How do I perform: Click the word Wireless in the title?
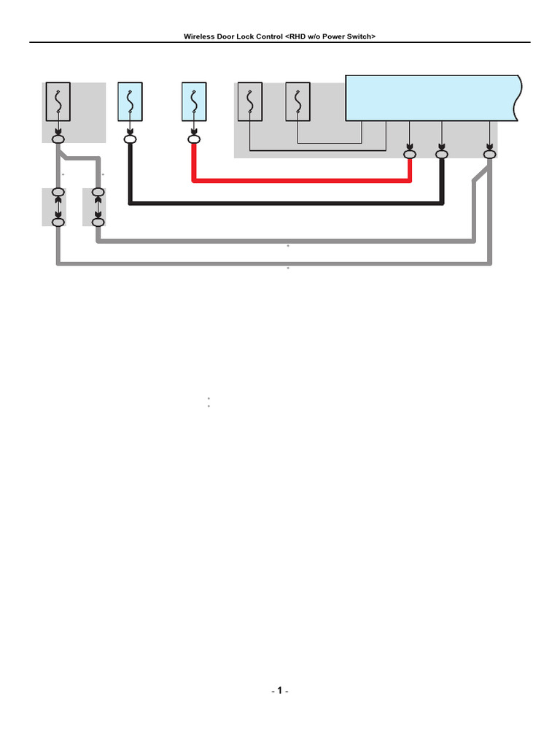pos(199,36)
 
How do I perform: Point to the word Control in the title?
pos(269,36)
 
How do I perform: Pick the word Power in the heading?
pos(333,36)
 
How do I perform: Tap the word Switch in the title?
pos(359,36)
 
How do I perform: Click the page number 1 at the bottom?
pos(280,690)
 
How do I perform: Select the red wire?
pos(301,181)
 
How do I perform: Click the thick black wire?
pos(286,204)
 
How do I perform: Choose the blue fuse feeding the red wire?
pos(194,101)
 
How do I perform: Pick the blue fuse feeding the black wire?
pos(130,101)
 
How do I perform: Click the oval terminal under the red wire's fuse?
pos(194,139)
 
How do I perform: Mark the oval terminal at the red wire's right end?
pos(410,155)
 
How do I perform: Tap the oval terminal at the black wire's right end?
pos(442,155)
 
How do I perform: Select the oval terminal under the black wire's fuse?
pos(130,139)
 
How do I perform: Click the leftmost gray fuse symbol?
pos(58,101)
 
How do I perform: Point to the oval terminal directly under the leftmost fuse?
pos(58,139)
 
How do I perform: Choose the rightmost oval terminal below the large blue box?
pos(490,155)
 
